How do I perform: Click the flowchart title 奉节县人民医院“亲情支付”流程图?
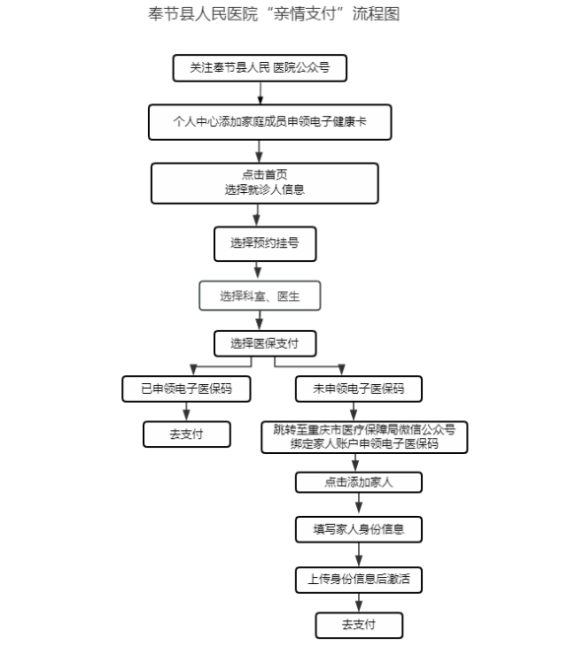274,14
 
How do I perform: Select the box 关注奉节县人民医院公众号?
259,68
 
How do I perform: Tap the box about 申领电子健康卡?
270,122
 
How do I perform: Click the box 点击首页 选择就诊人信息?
265,183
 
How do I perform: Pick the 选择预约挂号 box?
265,244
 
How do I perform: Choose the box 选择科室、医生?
259,295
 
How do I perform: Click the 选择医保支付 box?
265,344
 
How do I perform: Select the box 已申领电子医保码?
186,389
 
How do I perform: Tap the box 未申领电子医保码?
359,389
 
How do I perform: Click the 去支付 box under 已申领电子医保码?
186,434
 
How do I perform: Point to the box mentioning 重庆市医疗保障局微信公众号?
364,437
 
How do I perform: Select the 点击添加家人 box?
359,483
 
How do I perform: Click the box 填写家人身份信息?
359,530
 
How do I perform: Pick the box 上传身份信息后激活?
359,580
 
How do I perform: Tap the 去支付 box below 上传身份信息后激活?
359,625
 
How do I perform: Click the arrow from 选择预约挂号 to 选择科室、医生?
257,271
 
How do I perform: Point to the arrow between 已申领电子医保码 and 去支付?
186,412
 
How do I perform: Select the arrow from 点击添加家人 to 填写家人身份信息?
359,504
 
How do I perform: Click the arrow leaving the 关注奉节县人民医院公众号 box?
260,93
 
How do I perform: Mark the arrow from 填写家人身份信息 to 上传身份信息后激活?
359,555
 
